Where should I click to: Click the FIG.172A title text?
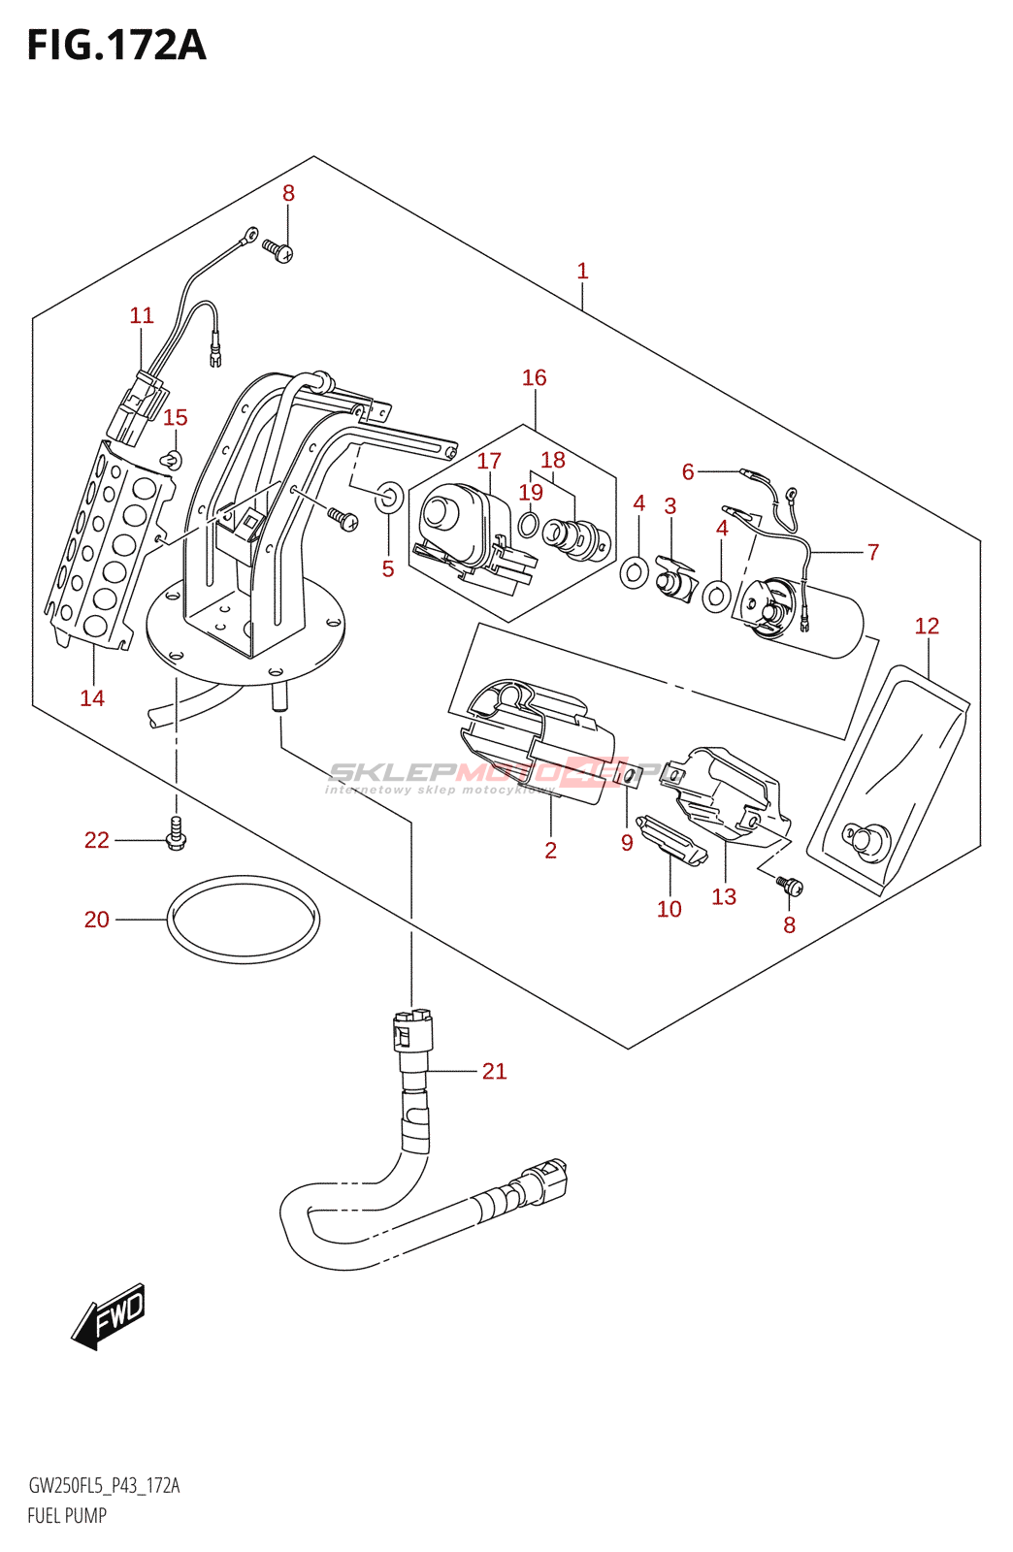116,45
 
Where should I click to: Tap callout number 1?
582,271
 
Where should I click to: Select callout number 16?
534,377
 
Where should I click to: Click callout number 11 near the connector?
142,315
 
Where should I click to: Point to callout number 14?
92,697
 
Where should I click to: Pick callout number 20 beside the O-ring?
96,919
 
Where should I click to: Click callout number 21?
494,1071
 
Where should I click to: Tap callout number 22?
96,840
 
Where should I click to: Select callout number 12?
927,626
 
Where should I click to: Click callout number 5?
388,568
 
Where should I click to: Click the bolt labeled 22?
176,833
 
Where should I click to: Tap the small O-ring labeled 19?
528,526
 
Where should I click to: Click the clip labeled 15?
173,459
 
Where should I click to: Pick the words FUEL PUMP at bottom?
67,1515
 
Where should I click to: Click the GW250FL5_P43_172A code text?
104,1485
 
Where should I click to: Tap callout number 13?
724,896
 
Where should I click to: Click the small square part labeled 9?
628,775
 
